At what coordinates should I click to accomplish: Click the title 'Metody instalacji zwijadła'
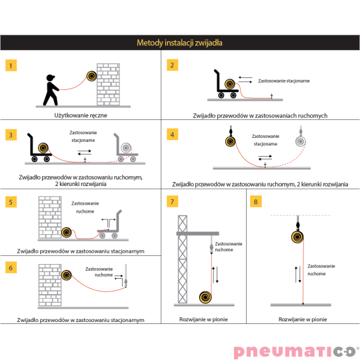179,43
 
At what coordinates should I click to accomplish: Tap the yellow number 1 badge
11,65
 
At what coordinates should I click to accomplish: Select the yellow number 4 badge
172,134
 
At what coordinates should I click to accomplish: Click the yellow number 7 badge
172,201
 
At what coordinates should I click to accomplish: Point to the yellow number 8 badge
256,201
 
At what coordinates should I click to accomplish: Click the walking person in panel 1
51,90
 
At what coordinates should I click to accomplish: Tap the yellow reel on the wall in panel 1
91,76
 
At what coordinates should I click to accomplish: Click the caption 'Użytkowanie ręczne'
81,115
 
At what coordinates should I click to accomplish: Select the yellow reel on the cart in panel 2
230,84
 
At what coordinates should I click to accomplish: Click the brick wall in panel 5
50,217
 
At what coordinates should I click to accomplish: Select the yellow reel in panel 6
67,275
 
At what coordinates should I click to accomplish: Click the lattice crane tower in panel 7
183,259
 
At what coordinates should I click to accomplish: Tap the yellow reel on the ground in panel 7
205,297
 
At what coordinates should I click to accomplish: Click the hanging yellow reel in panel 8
297,237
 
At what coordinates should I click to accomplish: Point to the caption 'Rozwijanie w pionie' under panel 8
303,319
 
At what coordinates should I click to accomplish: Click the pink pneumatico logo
296,351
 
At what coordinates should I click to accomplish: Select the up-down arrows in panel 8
298,275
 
